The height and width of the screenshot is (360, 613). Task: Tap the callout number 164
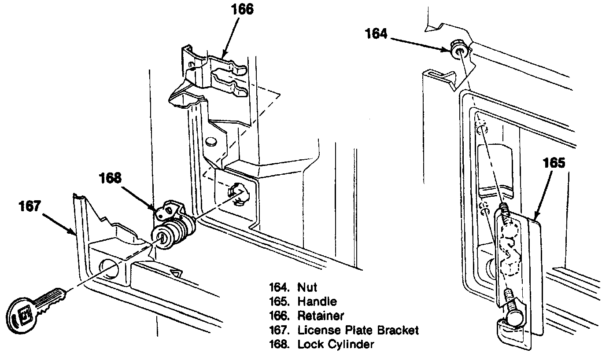click(376, 33)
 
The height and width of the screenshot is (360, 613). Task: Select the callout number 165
click(554, 163)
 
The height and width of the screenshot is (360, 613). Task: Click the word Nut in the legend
click(307, 288)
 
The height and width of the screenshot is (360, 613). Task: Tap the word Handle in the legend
click(317, 302)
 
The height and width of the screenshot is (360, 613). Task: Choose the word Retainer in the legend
click(321, 316)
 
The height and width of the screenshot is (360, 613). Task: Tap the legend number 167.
click(279, 330)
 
